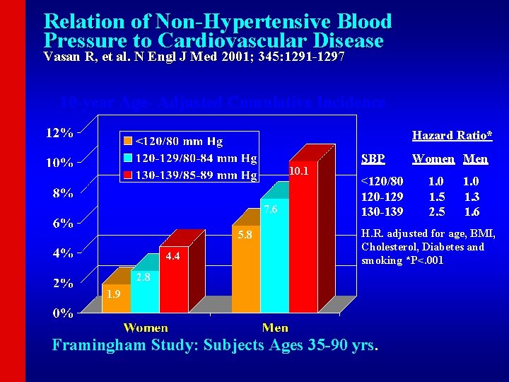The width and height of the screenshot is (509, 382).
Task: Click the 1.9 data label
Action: point(113,294)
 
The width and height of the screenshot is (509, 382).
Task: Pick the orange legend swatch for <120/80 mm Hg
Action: point(127,140)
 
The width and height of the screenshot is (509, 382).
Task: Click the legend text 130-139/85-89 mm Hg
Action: point(196,175)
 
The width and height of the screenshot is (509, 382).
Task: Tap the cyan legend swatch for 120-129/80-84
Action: point(127,157)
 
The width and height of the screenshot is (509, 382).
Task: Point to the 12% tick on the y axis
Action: point(59,132)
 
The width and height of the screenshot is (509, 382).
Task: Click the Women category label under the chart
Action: point(146,328)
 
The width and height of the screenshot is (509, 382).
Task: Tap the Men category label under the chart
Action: point(275,328)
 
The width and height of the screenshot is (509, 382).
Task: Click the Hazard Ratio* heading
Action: point(452,135)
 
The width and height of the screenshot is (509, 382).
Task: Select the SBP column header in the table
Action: point(373,159)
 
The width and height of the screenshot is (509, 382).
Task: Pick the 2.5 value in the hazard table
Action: point(438,212)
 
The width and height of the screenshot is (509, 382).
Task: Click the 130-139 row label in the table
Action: point(382,212)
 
